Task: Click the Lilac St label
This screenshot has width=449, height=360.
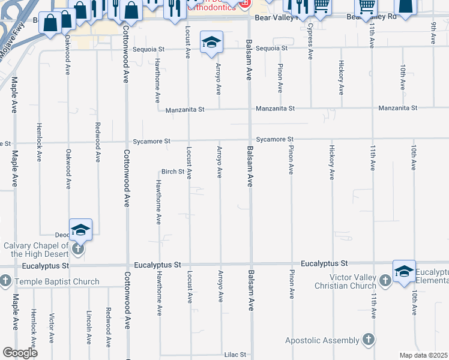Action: [237, 355]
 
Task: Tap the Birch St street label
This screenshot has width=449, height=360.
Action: [172, 172]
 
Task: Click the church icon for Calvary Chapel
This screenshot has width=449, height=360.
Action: [77, 248]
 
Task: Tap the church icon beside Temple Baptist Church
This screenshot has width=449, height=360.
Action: [5, 281]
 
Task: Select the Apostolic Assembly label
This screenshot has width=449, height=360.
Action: [322, 340]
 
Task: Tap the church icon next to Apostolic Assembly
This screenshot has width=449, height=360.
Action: [368, 340]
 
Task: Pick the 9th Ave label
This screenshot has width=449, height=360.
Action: [433, 34]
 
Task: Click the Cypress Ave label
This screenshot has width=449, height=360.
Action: [310, 42]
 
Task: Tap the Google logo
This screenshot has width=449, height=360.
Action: [20, 353]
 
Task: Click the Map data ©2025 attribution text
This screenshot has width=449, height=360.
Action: [423, 355]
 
